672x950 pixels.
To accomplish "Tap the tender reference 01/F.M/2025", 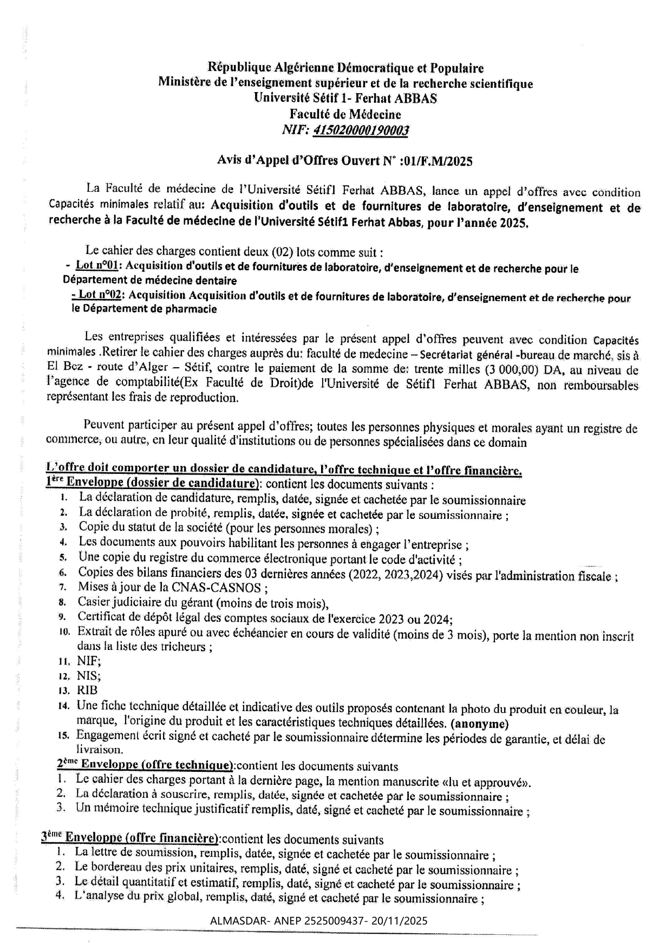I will tap(439, 161).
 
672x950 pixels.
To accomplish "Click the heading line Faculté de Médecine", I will tap(345, 114).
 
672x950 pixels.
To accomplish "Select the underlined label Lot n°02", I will tap(100, 295).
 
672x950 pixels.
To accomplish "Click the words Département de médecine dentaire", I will tap(150, 281).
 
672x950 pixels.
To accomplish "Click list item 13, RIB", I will tap(87, 691).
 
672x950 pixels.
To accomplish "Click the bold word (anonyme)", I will tap(479, 723).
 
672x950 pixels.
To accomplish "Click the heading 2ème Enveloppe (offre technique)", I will tap(145, 765).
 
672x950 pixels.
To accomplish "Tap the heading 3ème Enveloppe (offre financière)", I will tap(131, 839).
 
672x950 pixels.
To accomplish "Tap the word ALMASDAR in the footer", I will tap(236, 921).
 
